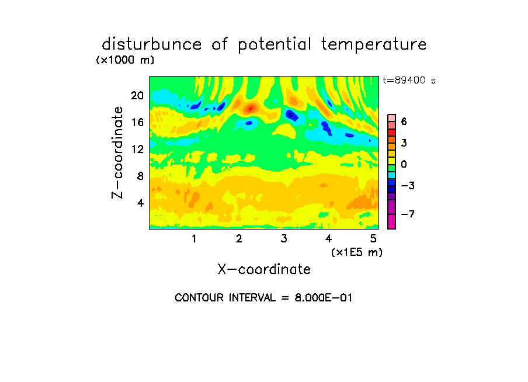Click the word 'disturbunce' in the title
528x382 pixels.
tap(152, 44)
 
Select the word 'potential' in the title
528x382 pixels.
tap(275, 45)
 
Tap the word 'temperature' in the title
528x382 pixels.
tap(374, 44)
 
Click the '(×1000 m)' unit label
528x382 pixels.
tap(125, 60)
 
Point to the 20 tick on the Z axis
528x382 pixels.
tap(137, 96)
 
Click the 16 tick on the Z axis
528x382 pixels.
tap(137, 122)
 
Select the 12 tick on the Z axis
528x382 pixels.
tap(137, 149)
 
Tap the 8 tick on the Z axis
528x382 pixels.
tap(140, 176)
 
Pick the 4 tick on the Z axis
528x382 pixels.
tap(140, 203)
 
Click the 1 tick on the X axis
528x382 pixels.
tap(194, 238)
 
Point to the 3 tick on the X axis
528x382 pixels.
tap(284, 238)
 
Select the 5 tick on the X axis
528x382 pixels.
tap(373, 238)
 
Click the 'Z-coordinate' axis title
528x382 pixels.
tap(117, 152)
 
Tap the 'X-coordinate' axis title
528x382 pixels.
tap(264, 269)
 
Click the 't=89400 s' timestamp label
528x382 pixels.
tap(409, 81)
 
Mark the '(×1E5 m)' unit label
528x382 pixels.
tap(357, 252)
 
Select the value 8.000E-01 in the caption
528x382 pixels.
tap(323, 298)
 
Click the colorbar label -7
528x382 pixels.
tap(408, 214)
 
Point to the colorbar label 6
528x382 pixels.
tap(404, 121)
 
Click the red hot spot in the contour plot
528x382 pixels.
tap(250, 109)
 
